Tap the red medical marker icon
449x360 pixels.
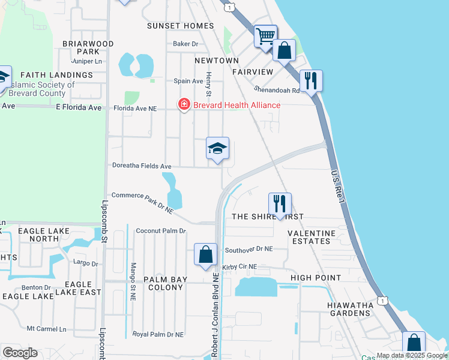184,105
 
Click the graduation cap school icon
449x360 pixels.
217,149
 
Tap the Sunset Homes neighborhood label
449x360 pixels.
181,26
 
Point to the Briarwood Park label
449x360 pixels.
88,48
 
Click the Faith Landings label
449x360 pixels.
56,75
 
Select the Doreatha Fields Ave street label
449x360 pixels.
142,166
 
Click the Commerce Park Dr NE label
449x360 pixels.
142,203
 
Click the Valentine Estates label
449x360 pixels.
309,237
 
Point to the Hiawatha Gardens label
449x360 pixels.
351,310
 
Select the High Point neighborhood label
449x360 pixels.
316,278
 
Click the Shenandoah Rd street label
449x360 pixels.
278,91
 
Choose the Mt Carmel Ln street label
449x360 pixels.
46,329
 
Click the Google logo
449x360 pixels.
20,352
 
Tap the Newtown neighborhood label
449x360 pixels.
217,61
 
